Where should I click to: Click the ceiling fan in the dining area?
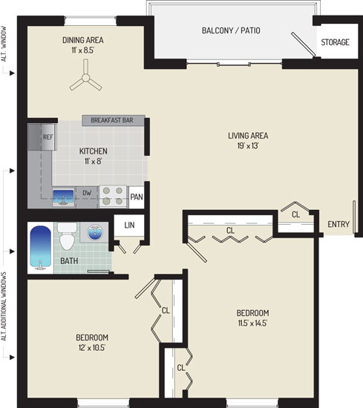(x=85, y=78)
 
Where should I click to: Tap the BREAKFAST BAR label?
(x=112, y=120)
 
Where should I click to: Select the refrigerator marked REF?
(x=42, y=137)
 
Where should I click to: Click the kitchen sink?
(x=63, y=197)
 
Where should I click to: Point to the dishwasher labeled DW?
(x=87, y=193)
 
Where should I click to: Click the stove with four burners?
(x=113, y=196)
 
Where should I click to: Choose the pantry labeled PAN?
(x=137, y=197)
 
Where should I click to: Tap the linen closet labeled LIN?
(x=129, y=225)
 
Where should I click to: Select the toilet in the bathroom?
(x=68, y=236)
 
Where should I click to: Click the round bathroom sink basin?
(x=95, y=232)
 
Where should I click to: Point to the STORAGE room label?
(x=335, y=42)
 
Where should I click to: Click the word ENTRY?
(x=339, y=224)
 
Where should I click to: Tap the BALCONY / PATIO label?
(x=231, y=30)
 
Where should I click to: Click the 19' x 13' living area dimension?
(x=248, y=145)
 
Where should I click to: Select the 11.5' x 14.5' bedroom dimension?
(x=252, y=323)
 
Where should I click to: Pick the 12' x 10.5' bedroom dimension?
(x=91, y=348)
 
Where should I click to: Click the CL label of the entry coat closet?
(x=295, y=214)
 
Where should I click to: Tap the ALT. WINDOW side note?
(x=4, y=44)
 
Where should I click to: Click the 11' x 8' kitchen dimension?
(x=93, y=161)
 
